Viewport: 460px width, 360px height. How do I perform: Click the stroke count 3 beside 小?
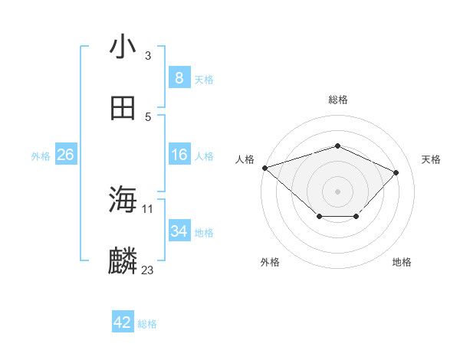click(148, 56)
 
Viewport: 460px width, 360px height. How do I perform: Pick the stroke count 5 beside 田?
click(148, 116)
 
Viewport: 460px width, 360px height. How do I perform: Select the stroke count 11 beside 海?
click(148, 208)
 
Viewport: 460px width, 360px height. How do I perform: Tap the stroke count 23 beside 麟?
click(148, 270)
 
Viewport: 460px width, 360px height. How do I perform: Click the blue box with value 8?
click(179, 78)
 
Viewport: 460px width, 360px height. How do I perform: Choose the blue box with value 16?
click(179, 155)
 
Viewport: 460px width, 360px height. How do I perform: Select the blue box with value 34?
click(179, 231)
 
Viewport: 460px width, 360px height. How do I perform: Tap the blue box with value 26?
click(66, 155)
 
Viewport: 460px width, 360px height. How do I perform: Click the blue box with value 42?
click(123, 322)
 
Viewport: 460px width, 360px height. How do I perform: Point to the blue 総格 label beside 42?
click(148, 324)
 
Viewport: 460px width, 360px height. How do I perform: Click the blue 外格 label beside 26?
click(41, 156)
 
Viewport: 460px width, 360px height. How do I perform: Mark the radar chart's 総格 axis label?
click(338, 100)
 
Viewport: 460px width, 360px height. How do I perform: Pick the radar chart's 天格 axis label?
click(431, 159)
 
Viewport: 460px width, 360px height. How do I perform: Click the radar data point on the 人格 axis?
click(264, 168)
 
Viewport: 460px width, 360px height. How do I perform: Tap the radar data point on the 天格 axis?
click(396, 172)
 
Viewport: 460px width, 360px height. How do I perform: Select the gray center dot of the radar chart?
click(338, 191)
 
